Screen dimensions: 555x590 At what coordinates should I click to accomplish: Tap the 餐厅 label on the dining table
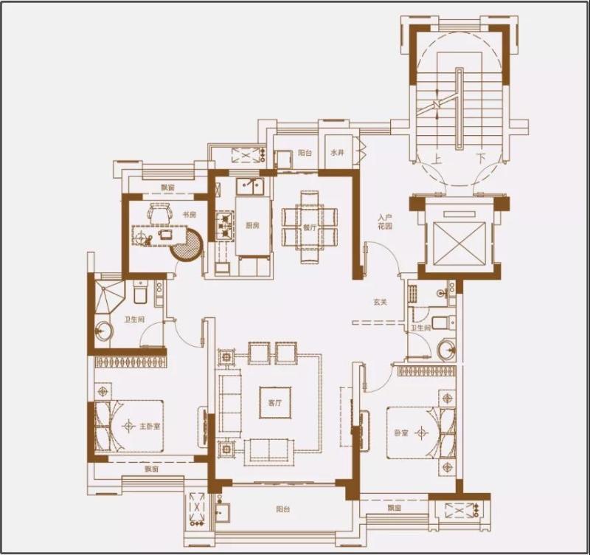(309, 228)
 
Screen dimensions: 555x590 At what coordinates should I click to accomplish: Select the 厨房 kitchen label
(252, 227)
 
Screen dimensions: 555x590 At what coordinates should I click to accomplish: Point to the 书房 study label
(190, 215)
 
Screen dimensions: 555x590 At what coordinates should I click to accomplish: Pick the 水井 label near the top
(337, 153)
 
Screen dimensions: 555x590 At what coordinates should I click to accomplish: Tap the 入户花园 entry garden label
(383, 222)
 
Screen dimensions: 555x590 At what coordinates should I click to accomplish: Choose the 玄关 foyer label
(380, 302)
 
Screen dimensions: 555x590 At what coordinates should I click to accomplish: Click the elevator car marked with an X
(460, 240)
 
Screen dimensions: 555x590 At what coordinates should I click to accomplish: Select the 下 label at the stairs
(480, 158)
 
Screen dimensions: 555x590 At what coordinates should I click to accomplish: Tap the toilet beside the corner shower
(139, 292)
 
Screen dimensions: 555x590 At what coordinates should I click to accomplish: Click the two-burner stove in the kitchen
(224, 226)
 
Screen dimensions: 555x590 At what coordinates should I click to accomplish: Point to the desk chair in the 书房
(158, 212)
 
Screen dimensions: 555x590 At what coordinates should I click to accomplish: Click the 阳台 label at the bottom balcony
(282, 509)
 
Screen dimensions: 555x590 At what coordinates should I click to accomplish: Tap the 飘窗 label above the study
(168, 187)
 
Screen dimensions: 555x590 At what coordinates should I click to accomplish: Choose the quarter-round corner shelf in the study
(188, 246)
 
